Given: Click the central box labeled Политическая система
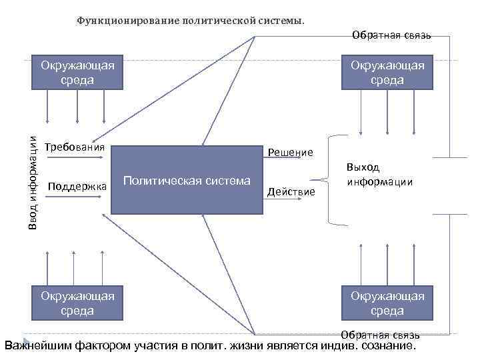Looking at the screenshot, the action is pyautogui.click(x=187, y=180).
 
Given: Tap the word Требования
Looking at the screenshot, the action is pyautogui.click(x=75, y=147).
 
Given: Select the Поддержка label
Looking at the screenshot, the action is pyautogui.click(x=78, y=185).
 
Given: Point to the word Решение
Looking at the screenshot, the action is pyautogui.click(x=290, y=152).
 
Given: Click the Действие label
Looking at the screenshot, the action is pyautogui.click(x=291, y=192).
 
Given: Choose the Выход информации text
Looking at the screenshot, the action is pyautogui.click(x=379, y=175).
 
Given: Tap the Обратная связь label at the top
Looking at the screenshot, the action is pyautogui.click(x=391, y=35).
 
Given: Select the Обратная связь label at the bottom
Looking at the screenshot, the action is pyautogui.click(x=380, y=335).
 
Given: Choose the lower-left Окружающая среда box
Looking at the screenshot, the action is pyautogui.click(x=77, y=303).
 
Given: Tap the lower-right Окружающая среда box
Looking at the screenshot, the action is pyautogui.click(x=387, y=303).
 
